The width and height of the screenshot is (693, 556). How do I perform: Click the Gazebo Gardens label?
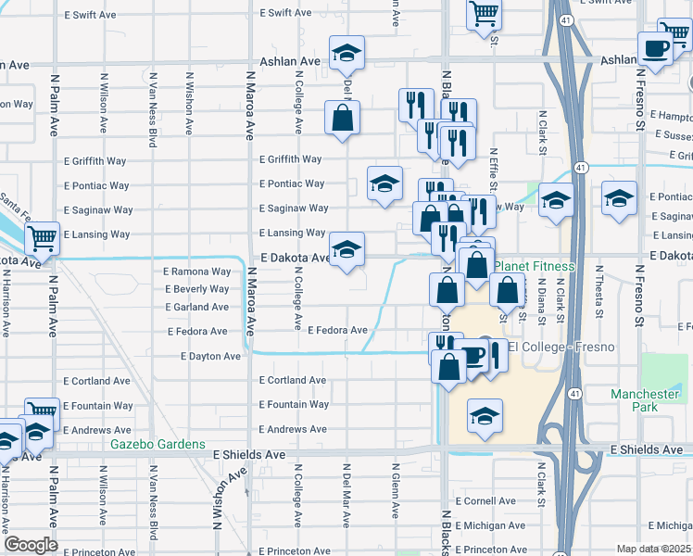coord(158,444)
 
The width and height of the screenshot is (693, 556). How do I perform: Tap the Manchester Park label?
coord(646,400)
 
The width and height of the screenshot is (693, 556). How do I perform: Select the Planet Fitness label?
coord(534,266)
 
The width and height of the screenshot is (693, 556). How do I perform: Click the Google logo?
coord(31,545)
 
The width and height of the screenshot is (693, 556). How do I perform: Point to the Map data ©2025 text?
coord(654,549)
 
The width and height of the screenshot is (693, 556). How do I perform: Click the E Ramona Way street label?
coord(196,272)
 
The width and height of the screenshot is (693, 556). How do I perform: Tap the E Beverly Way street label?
coord(196,289)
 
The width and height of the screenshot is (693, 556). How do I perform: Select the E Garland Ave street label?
coord(196,307)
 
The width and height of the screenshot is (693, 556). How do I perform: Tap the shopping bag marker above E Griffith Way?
coord(343,117)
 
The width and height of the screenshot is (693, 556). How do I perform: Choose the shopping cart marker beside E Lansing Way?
coord(42,238)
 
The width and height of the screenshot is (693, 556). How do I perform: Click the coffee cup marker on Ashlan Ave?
coord(655,47)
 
